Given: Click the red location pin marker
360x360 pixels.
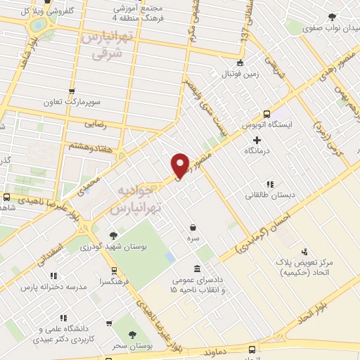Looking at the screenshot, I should pyautogui.click(x=180, y=165).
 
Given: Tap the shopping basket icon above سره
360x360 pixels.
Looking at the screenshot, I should pyautogui.click(x=192, y=226).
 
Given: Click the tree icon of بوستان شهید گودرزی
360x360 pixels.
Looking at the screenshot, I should pyautogui.click(x=113, y=236).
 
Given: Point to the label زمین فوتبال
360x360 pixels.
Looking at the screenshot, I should pyautogui.click(x=241, y=74).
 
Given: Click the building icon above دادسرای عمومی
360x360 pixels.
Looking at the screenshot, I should pyautogui.click(x=197, y=269).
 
